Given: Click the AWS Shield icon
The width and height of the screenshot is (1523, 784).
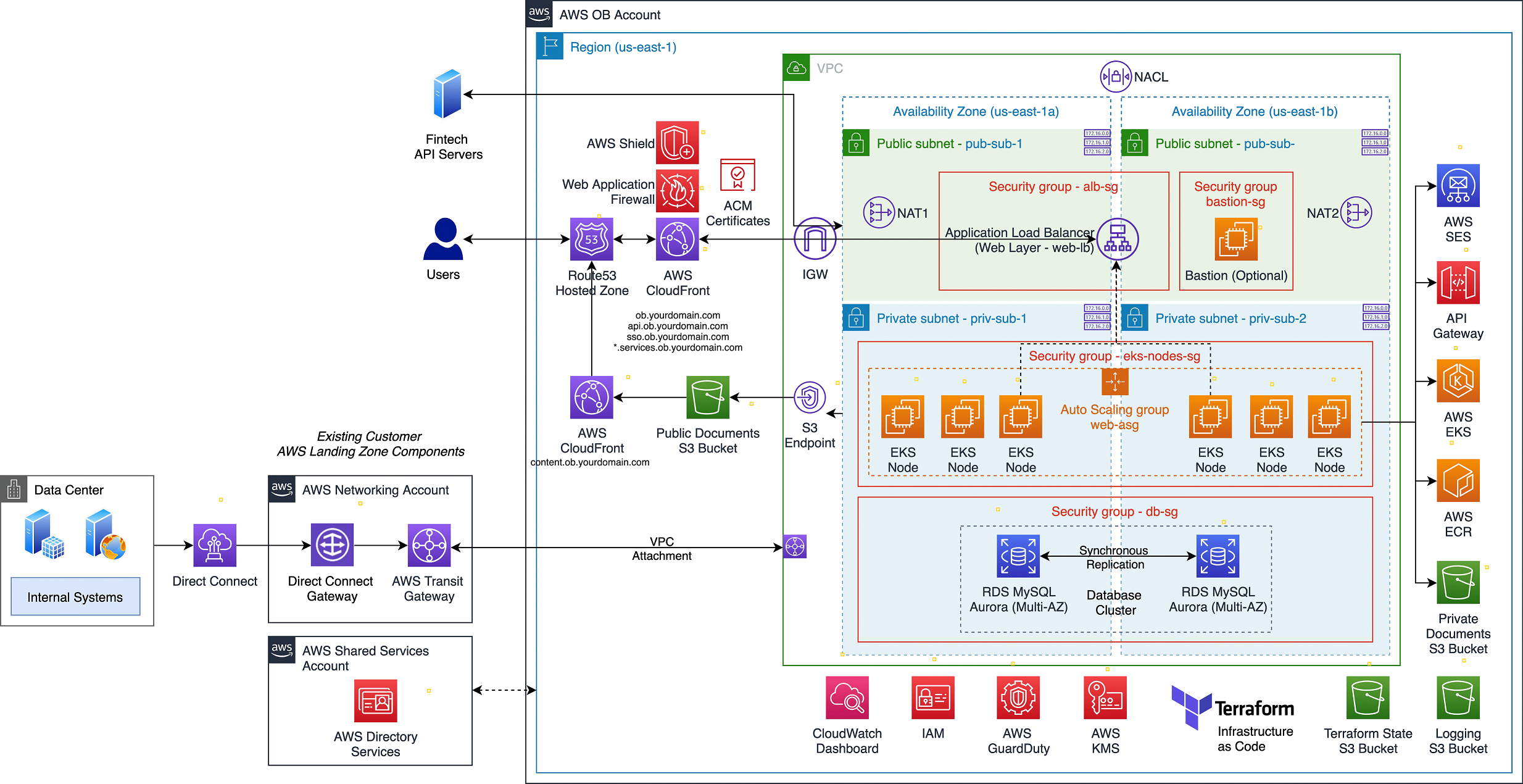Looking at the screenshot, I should pos(677,143).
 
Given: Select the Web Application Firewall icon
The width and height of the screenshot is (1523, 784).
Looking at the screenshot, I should pos(677,191).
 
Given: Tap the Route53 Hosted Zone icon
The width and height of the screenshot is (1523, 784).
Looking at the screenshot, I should pos(591,239).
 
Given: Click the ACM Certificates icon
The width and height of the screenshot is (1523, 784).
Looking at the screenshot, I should pos(737,175).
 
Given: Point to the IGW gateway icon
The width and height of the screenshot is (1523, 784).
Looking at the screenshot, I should pos(815,238).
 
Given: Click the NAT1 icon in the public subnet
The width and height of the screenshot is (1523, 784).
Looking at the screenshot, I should pos(879,212).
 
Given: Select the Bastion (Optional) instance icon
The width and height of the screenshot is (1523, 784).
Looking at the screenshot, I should pos(1236,239).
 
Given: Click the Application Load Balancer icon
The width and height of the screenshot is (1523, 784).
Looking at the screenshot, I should pos(1118,239).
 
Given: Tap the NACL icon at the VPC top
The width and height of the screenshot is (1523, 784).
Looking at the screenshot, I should pos(1116,77).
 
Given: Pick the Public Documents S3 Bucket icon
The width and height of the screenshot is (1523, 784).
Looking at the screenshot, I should pos(708,398).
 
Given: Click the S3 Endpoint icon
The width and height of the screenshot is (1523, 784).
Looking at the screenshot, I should pos(810,398).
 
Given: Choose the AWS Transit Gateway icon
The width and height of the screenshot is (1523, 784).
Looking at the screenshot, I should pos(429,546).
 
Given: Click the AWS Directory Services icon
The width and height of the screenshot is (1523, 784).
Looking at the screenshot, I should pos(375,701).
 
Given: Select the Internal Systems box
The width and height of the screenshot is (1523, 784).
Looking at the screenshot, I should pos(75,596).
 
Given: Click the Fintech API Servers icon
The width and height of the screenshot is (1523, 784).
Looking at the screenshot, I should pos(447,94).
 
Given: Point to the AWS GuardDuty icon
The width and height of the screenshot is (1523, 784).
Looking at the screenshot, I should pos(1018,698).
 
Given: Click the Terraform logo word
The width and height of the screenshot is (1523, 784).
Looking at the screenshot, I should pos(1254,709).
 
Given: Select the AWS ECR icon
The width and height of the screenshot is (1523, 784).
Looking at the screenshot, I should pos(1458,480).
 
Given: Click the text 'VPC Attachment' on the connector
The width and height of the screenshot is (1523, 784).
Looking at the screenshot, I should pos(662,549).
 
